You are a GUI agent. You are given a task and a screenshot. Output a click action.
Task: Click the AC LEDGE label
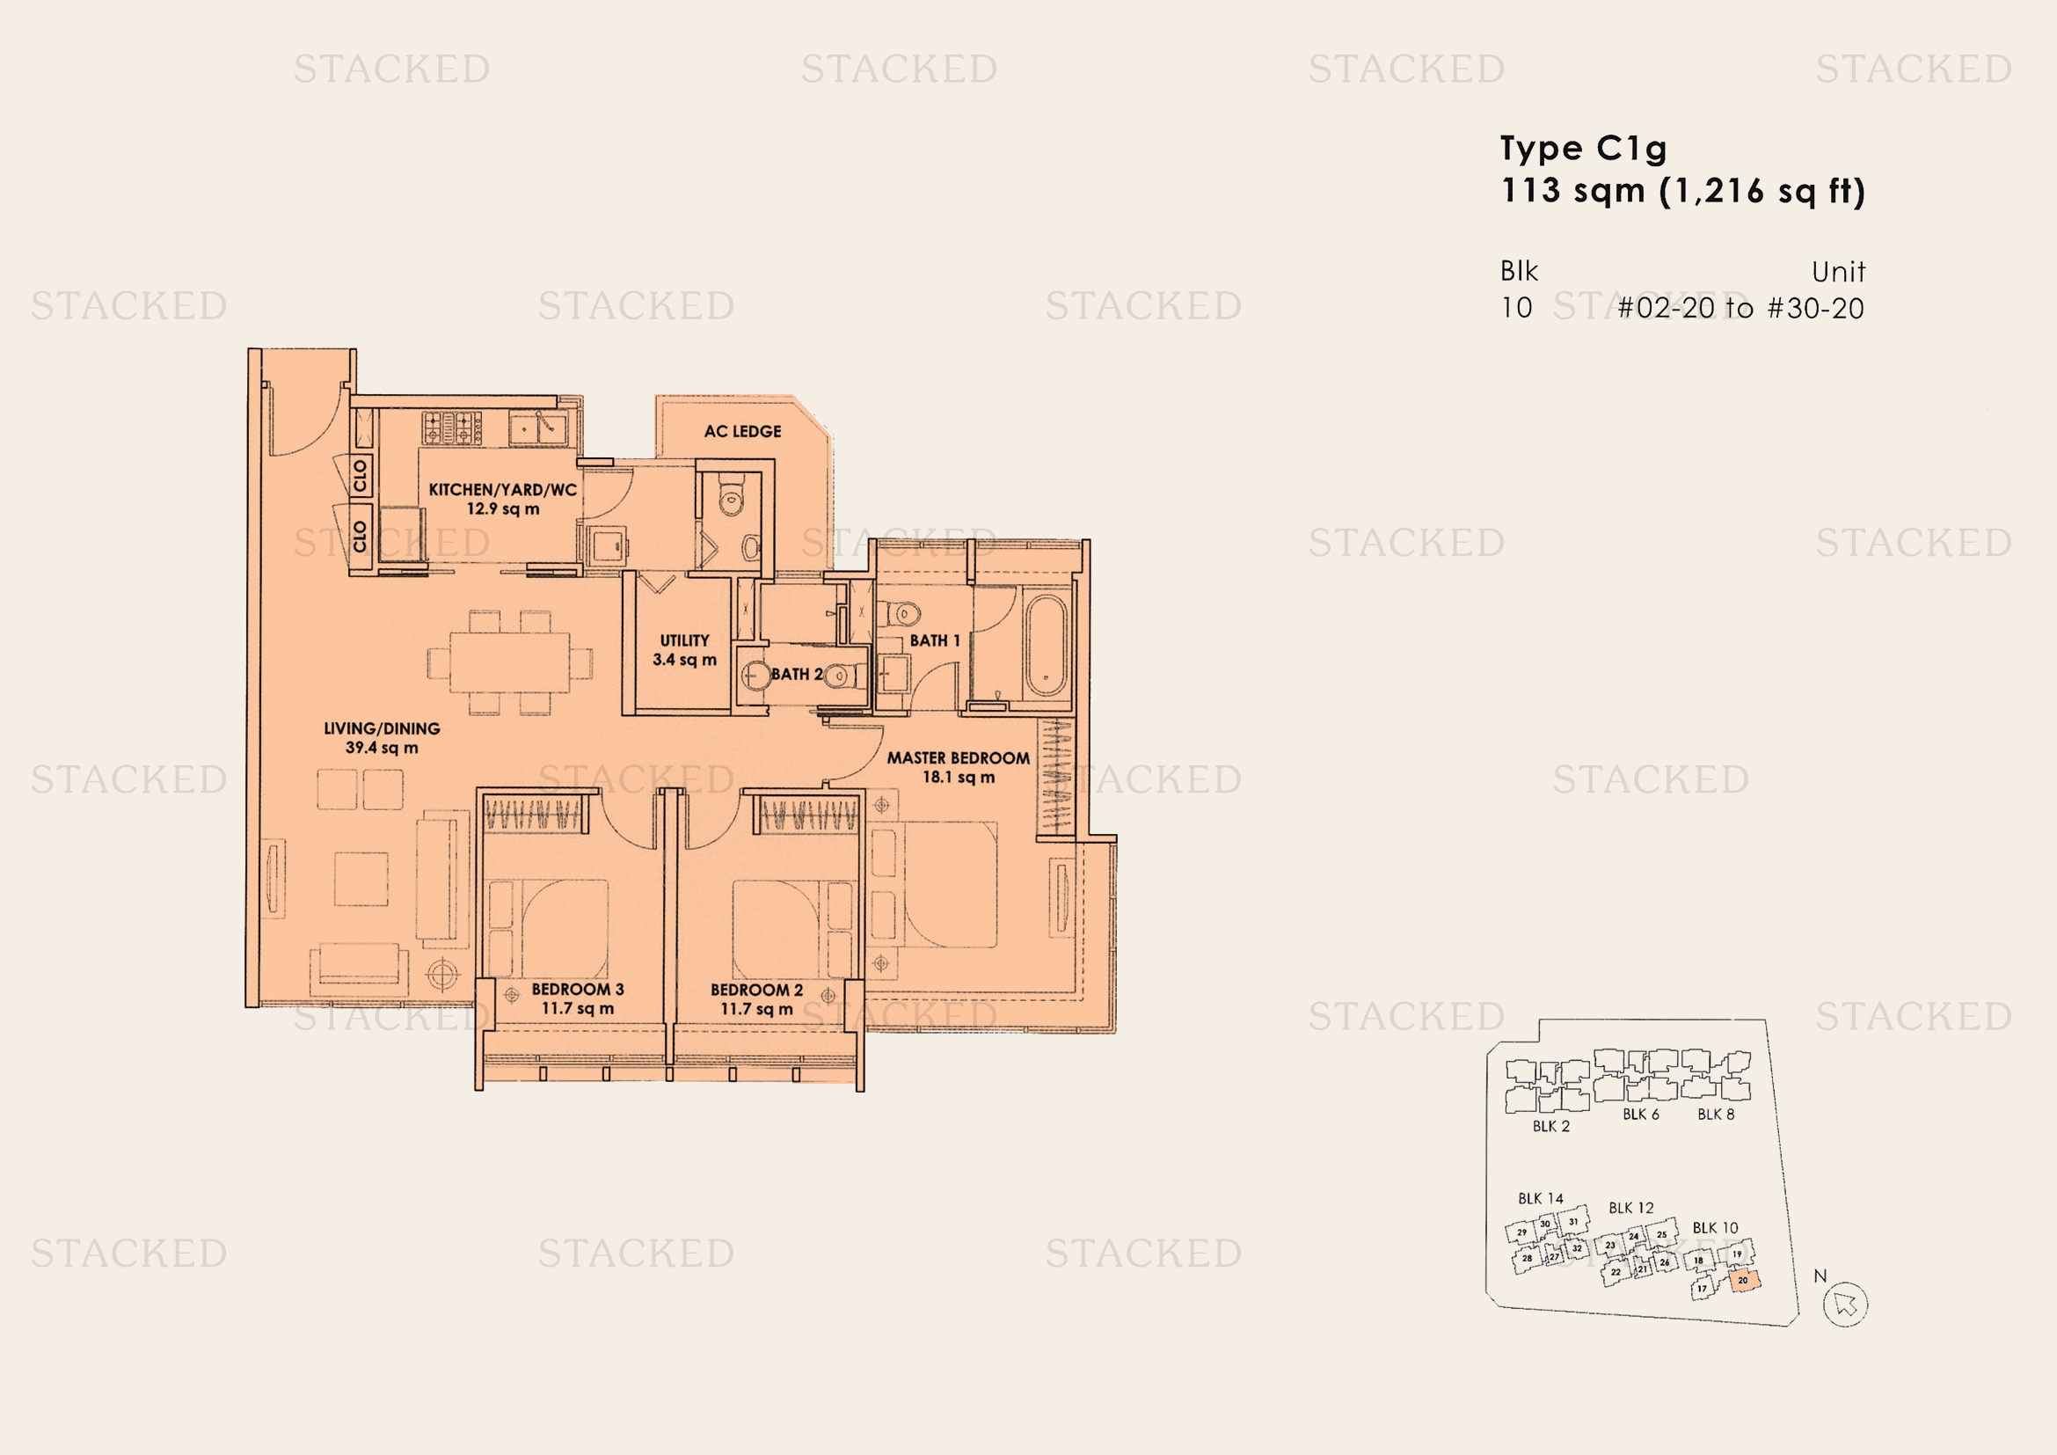[742, 431]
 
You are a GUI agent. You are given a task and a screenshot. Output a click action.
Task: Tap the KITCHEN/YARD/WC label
[503, 490]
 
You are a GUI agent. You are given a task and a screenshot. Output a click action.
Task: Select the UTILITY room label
[684, 640]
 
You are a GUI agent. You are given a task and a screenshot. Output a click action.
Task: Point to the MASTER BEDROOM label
[958, 758]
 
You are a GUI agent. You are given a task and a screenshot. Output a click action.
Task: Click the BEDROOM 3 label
[577, 989]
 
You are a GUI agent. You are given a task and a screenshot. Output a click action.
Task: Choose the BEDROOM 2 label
[756, 990]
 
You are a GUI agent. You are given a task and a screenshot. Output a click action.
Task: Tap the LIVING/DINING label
[382, 728]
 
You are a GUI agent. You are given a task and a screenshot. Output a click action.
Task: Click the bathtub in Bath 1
[1046, 644]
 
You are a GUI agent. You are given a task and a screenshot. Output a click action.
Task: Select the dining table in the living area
[510, 662]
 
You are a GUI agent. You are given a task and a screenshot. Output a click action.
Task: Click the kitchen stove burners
[452, 428]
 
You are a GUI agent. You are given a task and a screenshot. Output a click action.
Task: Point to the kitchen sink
[537, 428]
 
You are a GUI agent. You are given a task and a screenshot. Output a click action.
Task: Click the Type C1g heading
[1583, 149]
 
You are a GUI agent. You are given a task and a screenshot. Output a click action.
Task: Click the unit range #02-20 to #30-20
[1740, 308]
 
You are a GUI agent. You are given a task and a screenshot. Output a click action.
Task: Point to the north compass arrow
[1846, 1304]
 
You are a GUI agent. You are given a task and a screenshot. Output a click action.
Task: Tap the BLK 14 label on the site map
[1540, 1198]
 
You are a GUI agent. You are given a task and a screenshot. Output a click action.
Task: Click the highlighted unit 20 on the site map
[1743, 1280]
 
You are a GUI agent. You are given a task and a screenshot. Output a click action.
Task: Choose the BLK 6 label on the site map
[1640, 1115]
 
